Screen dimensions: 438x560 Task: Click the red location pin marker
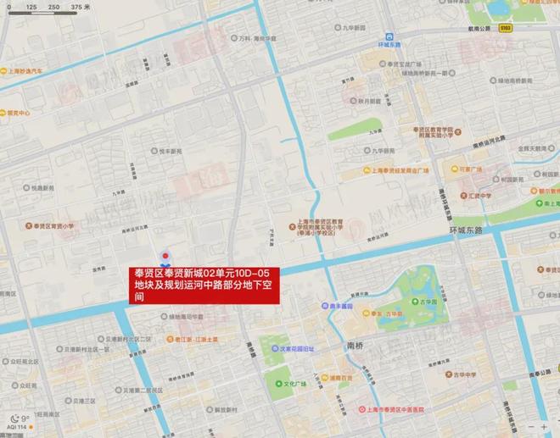click(x=165, y=255)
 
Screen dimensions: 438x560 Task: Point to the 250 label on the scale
click(x=53, y=7)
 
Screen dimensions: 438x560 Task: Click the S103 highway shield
click(x=507, y=28)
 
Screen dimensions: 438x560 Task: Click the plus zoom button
click(x=543, y=427)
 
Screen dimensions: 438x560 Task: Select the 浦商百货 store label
click(x=342, y=378)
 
